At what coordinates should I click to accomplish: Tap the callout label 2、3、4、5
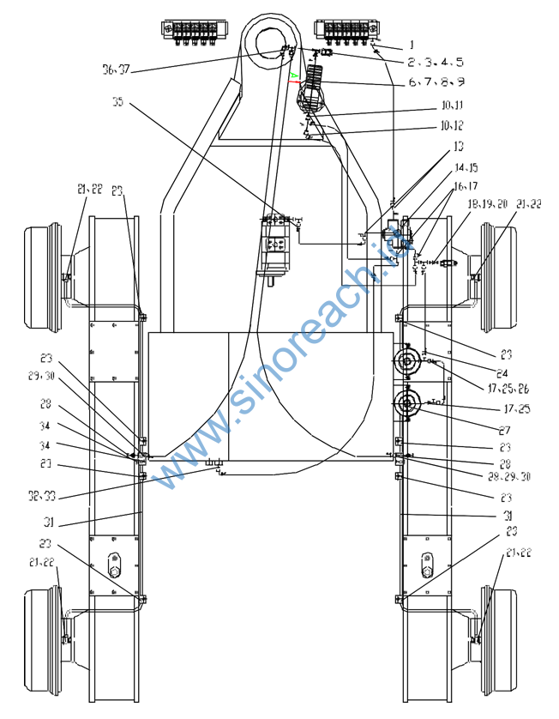pyautogui.click(x=436, y=63)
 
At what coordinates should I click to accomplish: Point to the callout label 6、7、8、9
pyautogui.click(x=436, y=82)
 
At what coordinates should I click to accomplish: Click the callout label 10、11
pyautogui.click(x=452, y=106)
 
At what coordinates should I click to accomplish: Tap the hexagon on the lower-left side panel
pyautogui.click(x=114, y=566)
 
